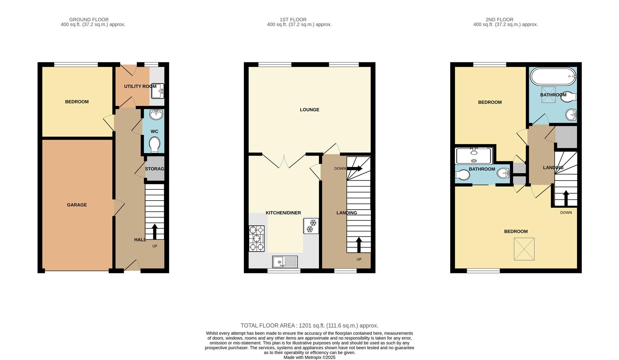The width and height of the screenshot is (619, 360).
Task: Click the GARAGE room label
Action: pyautogui.click(x=77, y=205)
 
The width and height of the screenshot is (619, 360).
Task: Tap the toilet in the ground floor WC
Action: pyautogui.click(x=154, y=145)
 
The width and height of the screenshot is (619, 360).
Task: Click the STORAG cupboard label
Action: pyautogui.click(x=154, y=169)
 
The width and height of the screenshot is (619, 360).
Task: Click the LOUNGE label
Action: pyautogui.click(x=309, y=110)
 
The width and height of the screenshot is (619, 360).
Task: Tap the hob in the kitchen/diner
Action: pyautogui.click(x=256, y=238)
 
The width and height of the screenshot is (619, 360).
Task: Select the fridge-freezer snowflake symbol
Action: pyautogui.click(x=311, y=226)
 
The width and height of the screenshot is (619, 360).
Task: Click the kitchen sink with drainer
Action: pyautogui.click(x=285, y=262)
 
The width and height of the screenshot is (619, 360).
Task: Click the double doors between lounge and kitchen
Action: pyautogui.click(x=284, y=161)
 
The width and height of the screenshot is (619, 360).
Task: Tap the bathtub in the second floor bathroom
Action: pyautogui.click(x=553, y=76)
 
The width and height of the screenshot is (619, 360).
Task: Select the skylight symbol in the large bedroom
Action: pyautogui.click(x=524, y=249)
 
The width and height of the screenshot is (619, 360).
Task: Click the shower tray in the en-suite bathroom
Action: pyautogui.click(x=474, y=156)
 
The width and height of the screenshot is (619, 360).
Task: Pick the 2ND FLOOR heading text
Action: pyautogui.click(x=499, y=20)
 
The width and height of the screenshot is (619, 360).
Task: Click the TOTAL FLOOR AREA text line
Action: pyautogui.click(x=309, y=326)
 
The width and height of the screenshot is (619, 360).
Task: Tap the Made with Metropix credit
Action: pyautogui.click(x=309, y=357)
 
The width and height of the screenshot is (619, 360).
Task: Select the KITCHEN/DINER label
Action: pyautogui.click(x=283, y=213)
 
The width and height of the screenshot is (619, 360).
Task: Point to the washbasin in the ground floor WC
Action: pyautogui.click(x=156, y=115)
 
